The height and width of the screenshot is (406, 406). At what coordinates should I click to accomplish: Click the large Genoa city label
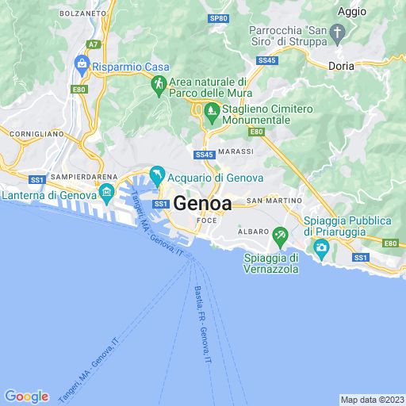[x=202, y=203]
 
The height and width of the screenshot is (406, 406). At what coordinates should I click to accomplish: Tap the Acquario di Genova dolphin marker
[x=157, y=174]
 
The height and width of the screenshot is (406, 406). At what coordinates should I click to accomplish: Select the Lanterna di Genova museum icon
[x=107, y=191]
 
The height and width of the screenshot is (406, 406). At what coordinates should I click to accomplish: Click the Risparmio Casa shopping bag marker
[x=81, y=63]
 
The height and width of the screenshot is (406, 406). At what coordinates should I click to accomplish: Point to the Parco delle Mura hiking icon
[x=158, y=82]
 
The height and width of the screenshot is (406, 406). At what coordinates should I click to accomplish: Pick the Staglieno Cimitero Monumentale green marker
[x=211, y=111]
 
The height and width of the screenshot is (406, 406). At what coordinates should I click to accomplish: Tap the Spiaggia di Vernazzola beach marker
[x=279, y=236]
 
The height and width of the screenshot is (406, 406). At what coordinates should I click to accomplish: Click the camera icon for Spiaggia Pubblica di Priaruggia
[x=322, y=248]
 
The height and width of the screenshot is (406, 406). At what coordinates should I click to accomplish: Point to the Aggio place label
[x=351, y=11]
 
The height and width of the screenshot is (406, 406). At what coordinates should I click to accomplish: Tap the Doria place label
[x=342, y=67]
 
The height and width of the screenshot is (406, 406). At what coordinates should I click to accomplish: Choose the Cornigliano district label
[x=32, y=134]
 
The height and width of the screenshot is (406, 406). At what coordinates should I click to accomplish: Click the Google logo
[x=26, y=396]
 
